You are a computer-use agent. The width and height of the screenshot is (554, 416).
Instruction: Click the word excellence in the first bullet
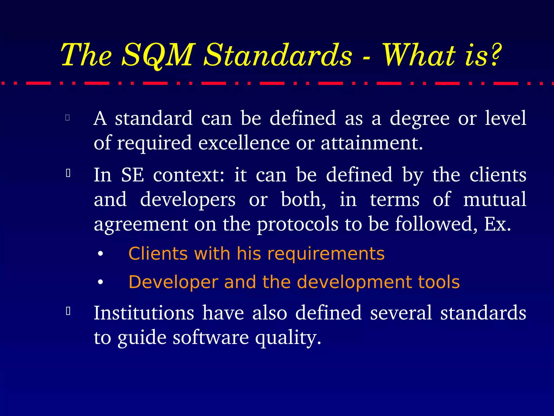click(x=244, y=143)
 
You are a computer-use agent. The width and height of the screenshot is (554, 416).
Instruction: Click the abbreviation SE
click(x=132, y=175)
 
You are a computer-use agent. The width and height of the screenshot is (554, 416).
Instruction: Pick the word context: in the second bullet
click(x=189, y=175)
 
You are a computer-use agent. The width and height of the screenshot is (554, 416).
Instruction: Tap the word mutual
click(x=494, y=199)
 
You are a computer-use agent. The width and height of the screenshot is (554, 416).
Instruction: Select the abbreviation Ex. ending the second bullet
click(x=497, y=224)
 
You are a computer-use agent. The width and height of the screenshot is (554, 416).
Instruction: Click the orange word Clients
click(x=158, y=254)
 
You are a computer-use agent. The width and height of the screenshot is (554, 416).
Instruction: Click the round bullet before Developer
click(x=101, y=282)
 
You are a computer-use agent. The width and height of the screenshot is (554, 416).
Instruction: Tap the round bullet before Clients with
click(x=101, y=254)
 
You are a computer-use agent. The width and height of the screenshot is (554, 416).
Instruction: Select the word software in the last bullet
click(x=211, y=338)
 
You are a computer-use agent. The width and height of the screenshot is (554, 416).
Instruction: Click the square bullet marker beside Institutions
click(x=68, y=311)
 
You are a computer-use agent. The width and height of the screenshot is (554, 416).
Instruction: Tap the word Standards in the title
click(x=278, y=55)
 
